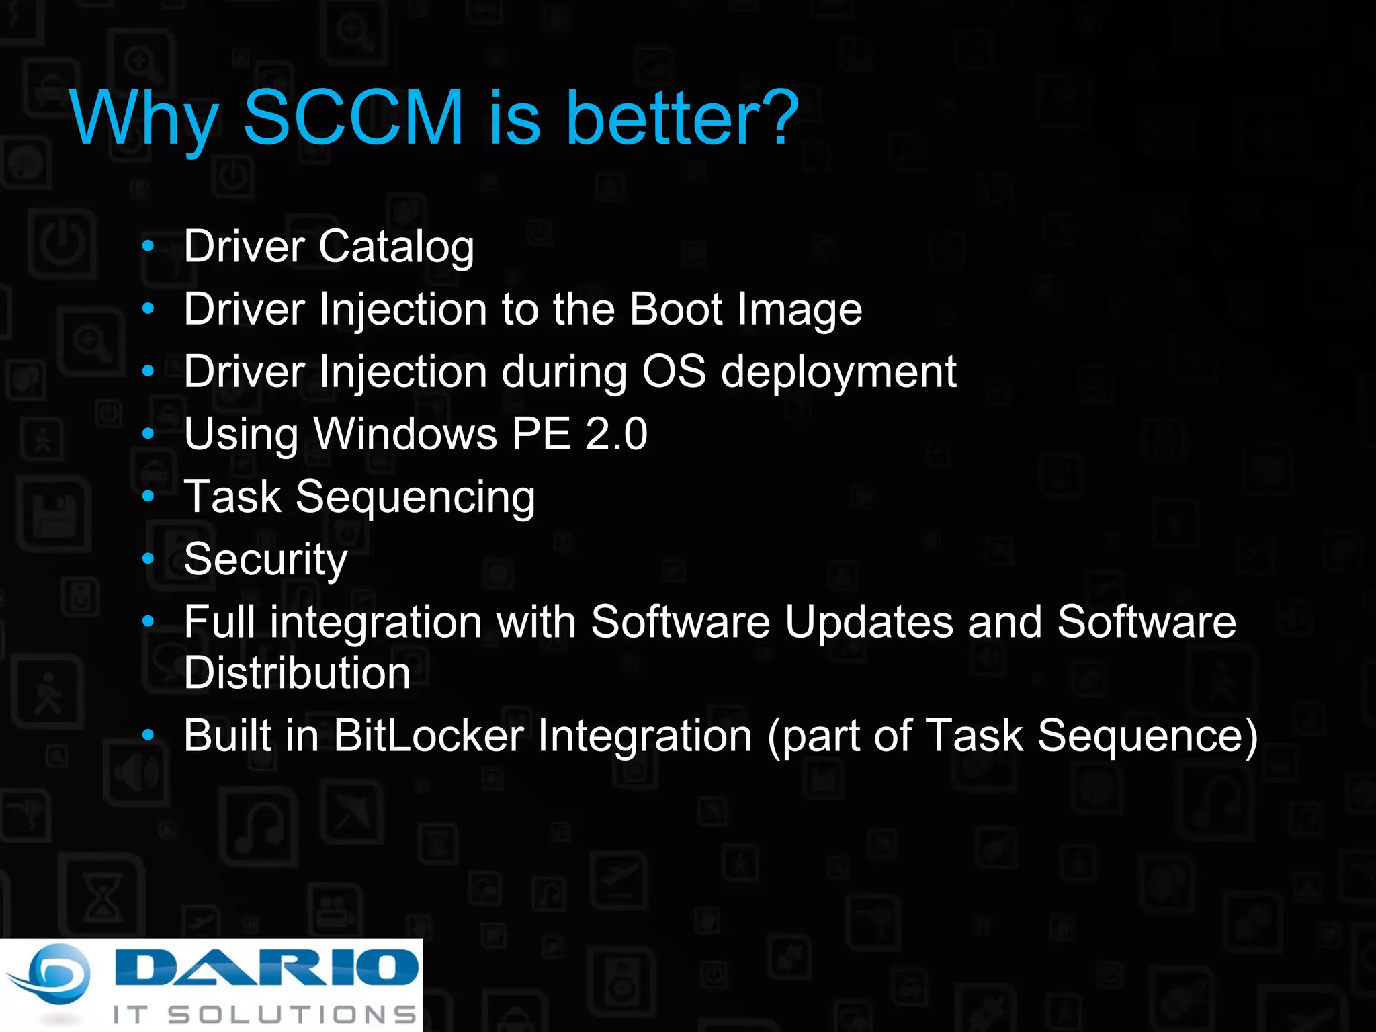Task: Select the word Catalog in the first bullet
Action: pyautogui.click(x=396, y=247)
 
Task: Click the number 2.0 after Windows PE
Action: pyautogui.click(x=616, y=433)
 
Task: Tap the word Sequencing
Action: pyautogui.click(x=415, y=498)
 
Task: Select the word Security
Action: pyautogui.click(x=265, y=560)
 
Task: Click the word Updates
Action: pyautogui.click(x=868, y=621)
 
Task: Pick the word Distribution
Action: pyautogui.click(x=297, y=673)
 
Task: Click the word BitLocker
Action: pyautogui.click(x=428, y=736)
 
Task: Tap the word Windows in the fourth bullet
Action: pyautogui.click(x=406, y=433)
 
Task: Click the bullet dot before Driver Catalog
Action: pyautogui.click(x=148, y=247)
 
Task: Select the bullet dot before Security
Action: pyautogui.click(x=148, y=558)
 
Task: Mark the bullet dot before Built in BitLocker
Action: pyautogui.click(x=148, y=735)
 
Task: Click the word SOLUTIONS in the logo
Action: pyautogui.click(x=292, y=1014)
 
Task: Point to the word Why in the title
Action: pyautogui.click(x=144, y=119)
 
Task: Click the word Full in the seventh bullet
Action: pyautogui.click(x=219, y=621)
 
